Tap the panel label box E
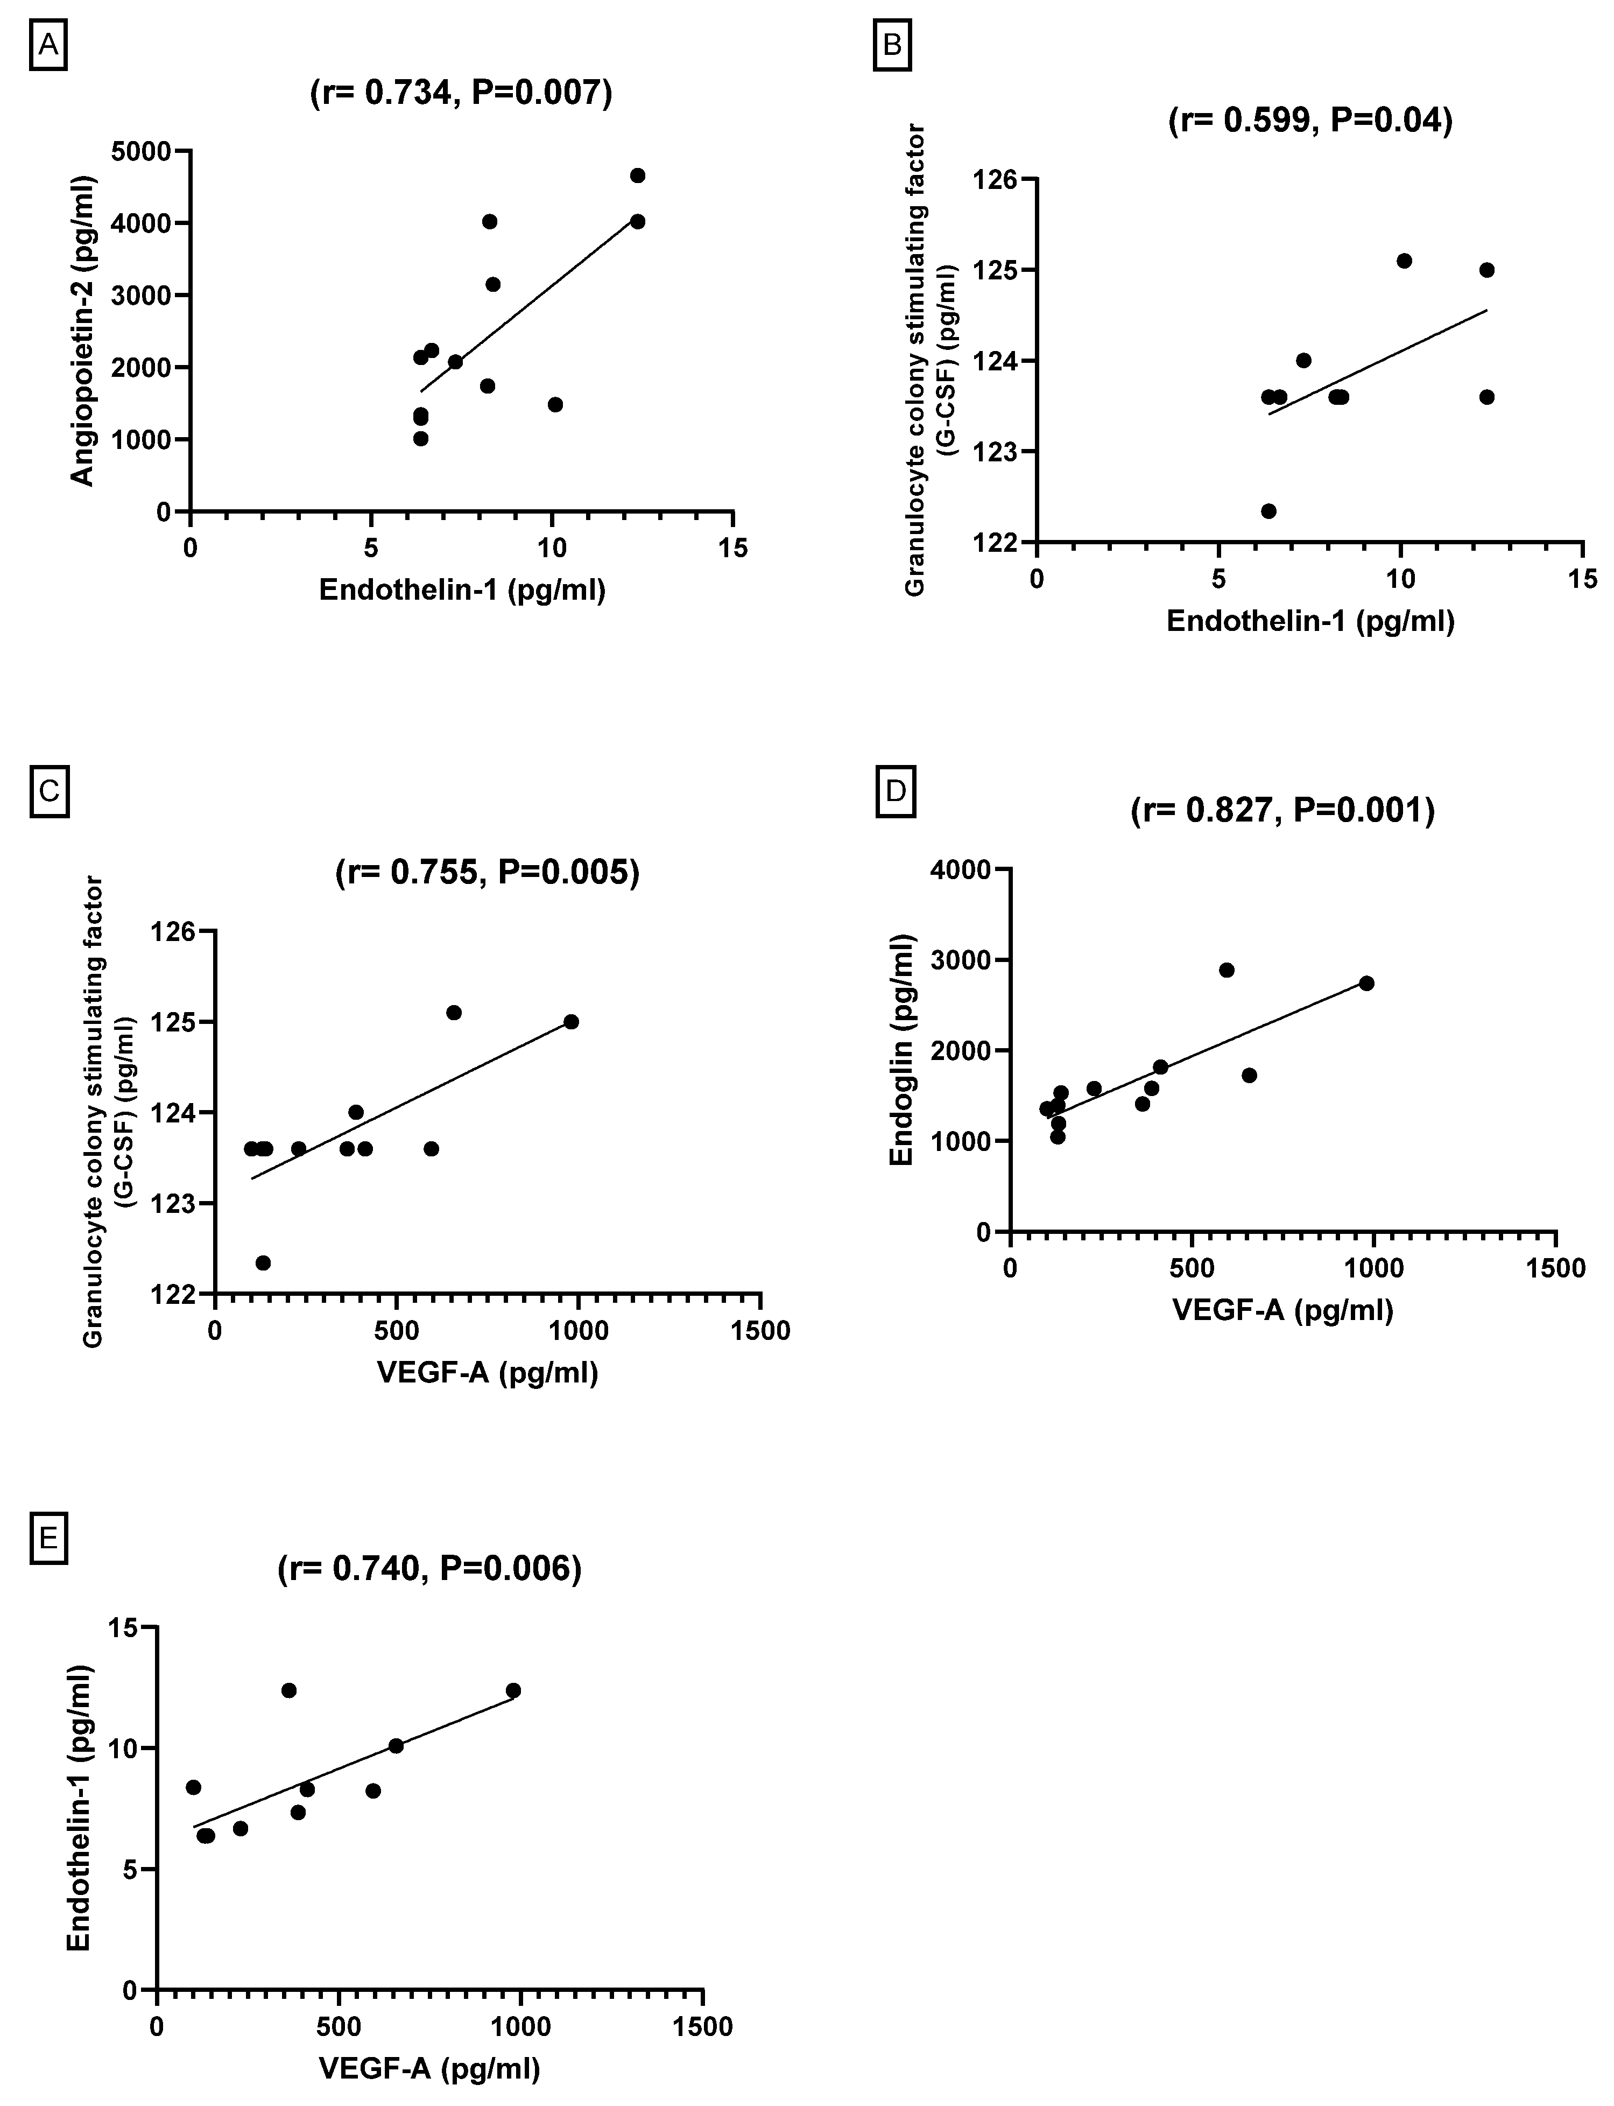48,1537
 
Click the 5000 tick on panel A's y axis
141,151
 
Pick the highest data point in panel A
637,175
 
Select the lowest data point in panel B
1268,510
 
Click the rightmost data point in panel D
1366,983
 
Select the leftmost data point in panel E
193,1787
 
